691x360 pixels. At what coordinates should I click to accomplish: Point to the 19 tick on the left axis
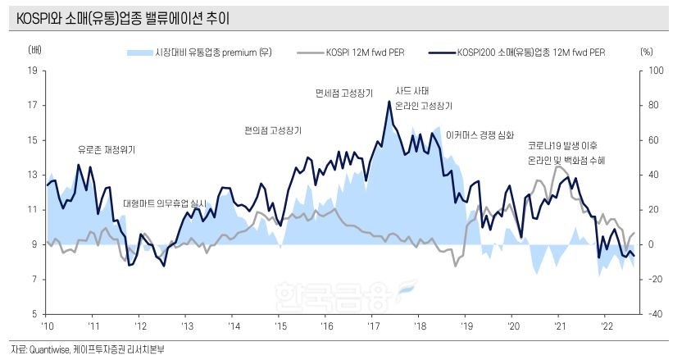[x=32, y=71]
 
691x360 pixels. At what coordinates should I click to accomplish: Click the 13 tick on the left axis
[x=32, y=175]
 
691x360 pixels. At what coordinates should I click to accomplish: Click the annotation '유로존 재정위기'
[x=107, y=150]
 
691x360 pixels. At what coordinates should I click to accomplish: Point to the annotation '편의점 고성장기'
[x=272, y=130]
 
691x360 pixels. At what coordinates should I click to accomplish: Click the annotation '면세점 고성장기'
[x=343, y=92]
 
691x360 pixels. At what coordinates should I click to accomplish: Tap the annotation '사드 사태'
[x=412, y=91]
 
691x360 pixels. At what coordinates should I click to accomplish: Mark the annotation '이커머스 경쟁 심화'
[x=480, y=134]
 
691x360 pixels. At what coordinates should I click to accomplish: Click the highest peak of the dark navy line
[x=389, y=101]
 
